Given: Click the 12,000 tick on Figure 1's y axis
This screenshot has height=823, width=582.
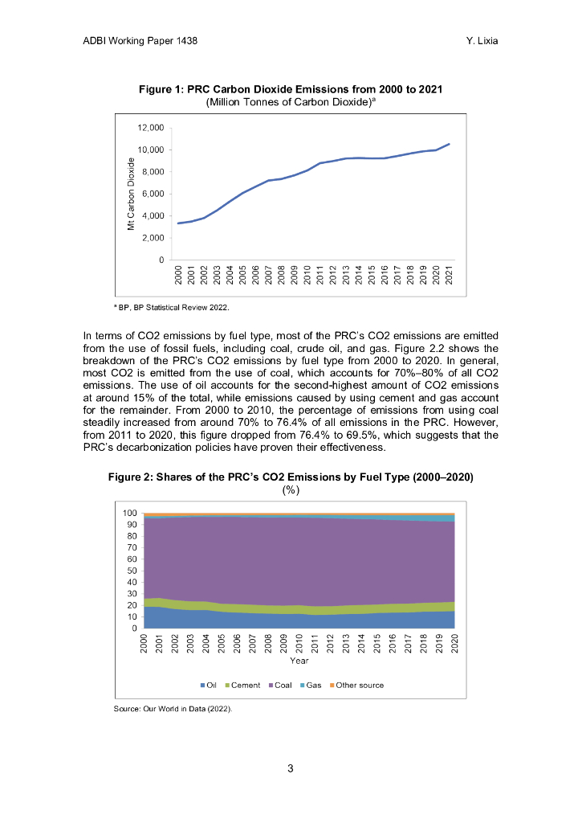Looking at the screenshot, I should [151, 128].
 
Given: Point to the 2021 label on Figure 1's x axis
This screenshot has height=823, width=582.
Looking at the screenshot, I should [449, 275].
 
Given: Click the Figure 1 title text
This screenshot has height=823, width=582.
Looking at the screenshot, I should [291, 89].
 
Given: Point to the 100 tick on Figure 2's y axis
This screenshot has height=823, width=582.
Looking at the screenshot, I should [128, 513].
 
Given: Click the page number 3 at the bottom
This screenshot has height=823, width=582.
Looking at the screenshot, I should [291, 769].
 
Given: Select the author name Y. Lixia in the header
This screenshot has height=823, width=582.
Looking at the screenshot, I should [482, 39].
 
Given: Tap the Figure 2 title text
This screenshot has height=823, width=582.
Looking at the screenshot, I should [291, 477].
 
